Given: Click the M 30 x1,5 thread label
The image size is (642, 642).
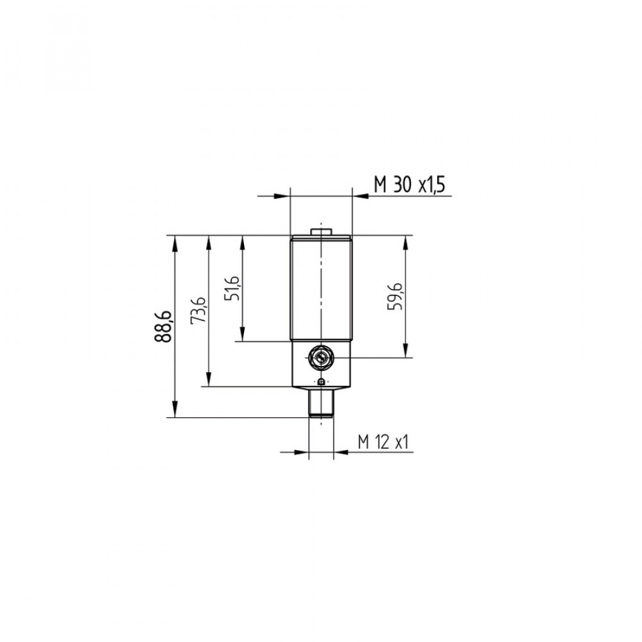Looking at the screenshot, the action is [410, 186].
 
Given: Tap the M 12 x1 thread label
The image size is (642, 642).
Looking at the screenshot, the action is [383, 442].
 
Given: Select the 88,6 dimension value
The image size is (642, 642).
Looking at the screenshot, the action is [162, 326].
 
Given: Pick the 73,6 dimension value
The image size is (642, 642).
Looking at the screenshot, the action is [198, 309].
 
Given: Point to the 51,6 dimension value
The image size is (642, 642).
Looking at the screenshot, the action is [232, 288].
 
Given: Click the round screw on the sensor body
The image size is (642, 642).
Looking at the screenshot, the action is [321, 358].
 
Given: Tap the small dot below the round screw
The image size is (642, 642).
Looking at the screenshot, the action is [322, 382].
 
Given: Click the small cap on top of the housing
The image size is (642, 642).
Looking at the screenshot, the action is [321, 232].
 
